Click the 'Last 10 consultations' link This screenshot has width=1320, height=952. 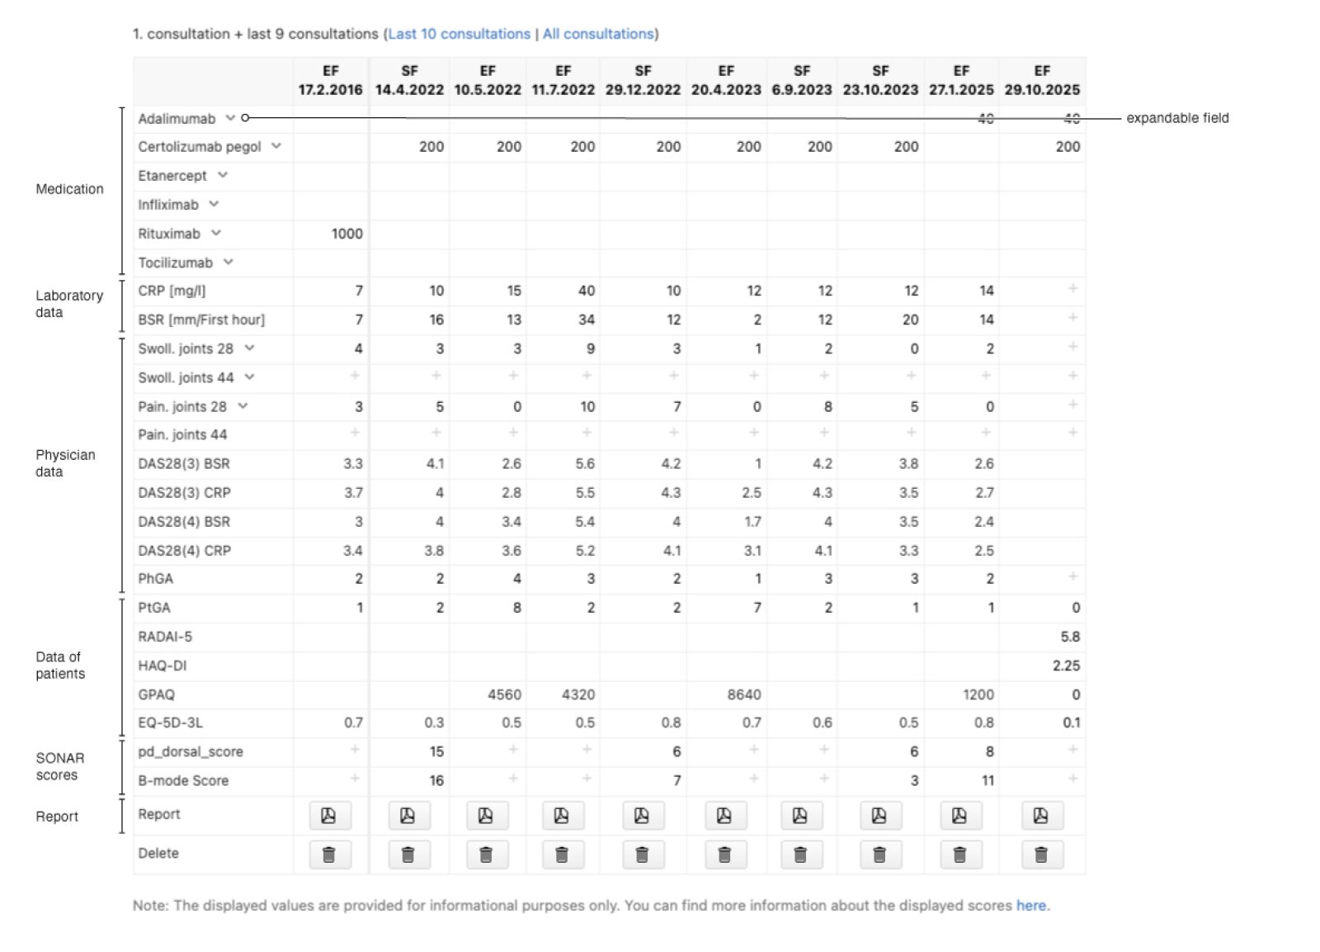[459, 34]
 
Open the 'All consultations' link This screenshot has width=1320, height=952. [597, 34]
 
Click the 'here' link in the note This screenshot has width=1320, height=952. [1031, 905]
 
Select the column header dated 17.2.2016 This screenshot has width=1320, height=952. [330, 81]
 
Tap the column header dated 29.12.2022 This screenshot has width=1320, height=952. [643, 81]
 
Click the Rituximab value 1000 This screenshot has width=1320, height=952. [346, 234]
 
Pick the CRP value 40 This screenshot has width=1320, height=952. [586, 291]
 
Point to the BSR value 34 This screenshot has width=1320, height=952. [586, 320]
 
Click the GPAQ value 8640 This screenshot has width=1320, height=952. [743, 694]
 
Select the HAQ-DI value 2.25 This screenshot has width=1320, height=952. [1066, 665]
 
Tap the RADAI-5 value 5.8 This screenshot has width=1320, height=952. [1069, 637]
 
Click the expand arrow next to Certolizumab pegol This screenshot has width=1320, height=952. [276, 146]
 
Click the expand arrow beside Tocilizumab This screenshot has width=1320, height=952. [229, 262]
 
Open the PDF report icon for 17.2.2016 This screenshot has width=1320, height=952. [329, 816]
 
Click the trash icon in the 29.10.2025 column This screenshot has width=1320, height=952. [1041, 855]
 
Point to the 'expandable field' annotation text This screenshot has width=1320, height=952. [1177, 118]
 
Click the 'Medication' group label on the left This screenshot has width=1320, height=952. [69, 189]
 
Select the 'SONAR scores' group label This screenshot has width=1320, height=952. [59, 766]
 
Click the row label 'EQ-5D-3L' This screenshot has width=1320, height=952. [170, 722]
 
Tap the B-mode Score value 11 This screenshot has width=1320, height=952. [987, 780]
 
